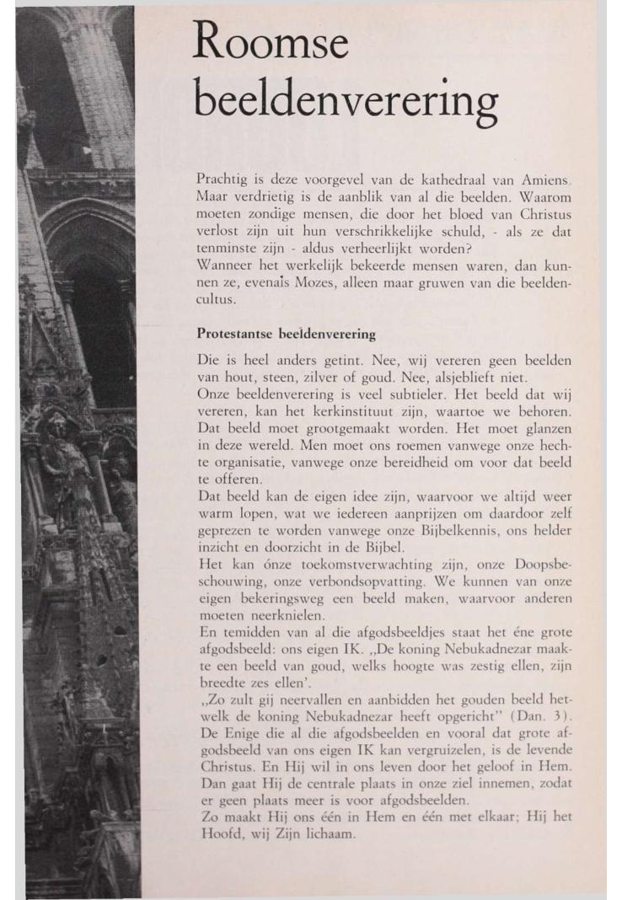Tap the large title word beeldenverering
[x=346, y=102]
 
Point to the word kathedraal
[x=422, y=179]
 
